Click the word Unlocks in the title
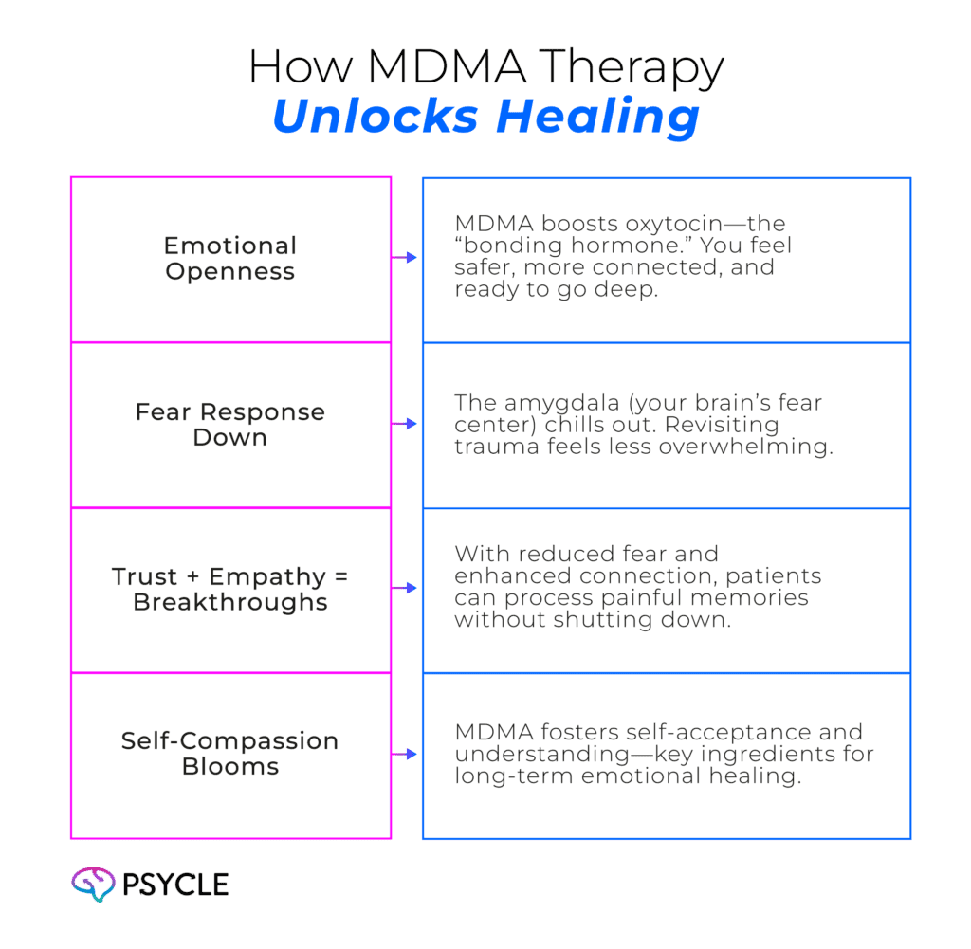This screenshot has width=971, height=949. (376, 116)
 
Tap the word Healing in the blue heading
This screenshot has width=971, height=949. (598, 118)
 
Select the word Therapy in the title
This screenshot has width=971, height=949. (631, 68)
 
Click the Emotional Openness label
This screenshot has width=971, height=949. (230, 258)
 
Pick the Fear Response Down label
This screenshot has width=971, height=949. (230, 424)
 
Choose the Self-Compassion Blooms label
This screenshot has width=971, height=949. (230, 754)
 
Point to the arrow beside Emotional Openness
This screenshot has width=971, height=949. (404, 257)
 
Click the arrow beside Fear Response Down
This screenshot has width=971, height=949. (404, 424)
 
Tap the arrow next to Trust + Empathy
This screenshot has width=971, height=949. (404, 588)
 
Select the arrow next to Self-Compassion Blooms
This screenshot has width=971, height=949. (404, 754)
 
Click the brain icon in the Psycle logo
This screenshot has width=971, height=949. (93, 884)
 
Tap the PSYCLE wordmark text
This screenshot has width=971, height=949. (175, 885)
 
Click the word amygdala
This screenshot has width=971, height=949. (561, 404)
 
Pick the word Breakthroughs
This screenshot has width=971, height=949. (230, 602)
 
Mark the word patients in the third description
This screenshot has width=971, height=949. (774, 577)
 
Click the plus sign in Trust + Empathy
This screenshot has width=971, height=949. (192, 577)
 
